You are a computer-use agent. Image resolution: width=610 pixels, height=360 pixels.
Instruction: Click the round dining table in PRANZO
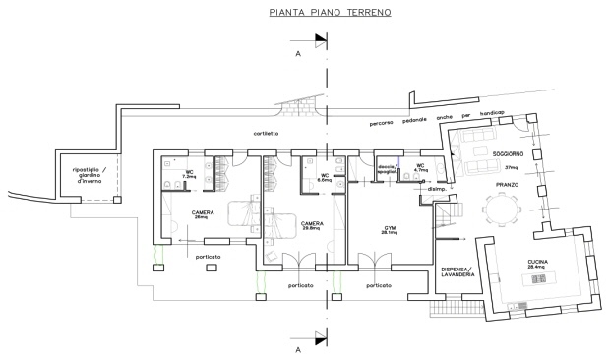click(501, 209)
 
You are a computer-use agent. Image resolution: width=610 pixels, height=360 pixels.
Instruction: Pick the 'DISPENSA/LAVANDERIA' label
click(457, 272)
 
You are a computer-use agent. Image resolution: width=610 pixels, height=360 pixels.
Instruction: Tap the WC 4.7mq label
click(420, 168)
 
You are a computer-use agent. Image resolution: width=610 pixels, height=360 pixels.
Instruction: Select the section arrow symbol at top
click(320, 40)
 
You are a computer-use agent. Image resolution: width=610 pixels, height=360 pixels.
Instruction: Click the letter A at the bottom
click(297, 348)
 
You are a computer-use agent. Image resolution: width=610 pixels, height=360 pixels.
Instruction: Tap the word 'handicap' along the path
click(493, 113)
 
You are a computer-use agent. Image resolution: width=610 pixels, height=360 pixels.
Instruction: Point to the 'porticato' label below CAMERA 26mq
click(208, 256)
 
